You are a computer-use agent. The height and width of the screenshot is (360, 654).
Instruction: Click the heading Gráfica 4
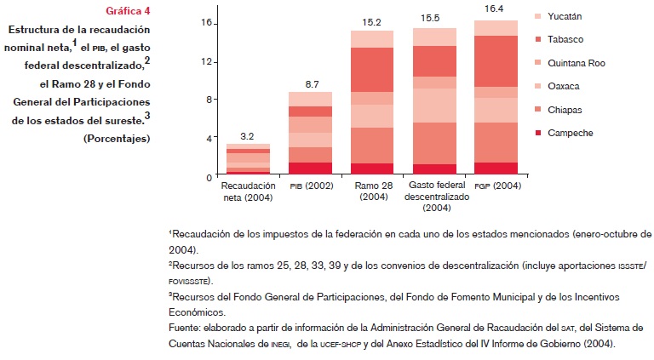[x=128, y=11]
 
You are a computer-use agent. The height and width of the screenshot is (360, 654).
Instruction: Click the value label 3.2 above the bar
[x=247, y=135]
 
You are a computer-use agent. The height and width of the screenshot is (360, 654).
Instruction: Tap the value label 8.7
[x=310, y=84]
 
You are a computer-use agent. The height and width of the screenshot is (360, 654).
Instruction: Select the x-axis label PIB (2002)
[x=310, y=185]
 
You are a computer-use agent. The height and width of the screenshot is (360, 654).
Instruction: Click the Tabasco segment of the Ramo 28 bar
[x=372, y=70]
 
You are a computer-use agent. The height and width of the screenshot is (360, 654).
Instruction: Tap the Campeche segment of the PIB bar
[x=310, y=168]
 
